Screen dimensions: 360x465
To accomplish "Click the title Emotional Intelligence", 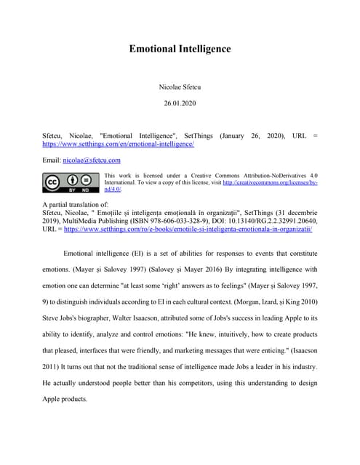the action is coord(180,49).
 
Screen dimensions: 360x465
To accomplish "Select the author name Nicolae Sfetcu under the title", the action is coord(180,87).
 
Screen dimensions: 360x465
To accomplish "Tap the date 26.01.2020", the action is coord(180,103).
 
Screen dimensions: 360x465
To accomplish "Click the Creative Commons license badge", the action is coord(71,182).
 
